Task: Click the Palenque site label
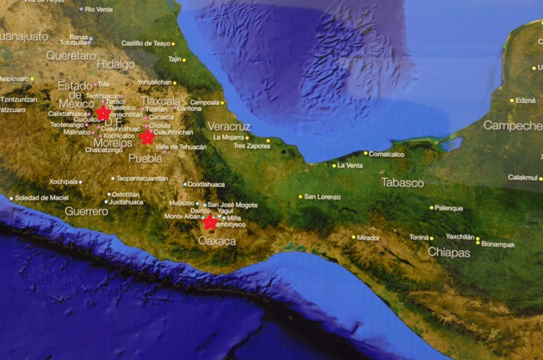click(x=449, y=208)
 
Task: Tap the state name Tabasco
click(x=402, y=182)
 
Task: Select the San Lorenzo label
click(x=322, y=196)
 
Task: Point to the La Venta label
click(x=350, y=165)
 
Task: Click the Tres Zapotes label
click(x=251, y=145)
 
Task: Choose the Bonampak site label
click(x=498, y=244)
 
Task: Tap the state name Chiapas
click(x=449, y=251)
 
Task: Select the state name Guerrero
click(x=87, y=211)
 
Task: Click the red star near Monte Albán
click(x=210, y=222)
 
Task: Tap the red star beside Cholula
click(x=148, y=136)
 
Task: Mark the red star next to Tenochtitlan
click(x=103, y=113)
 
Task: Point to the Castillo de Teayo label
click(x=147, y=43)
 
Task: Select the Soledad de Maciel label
click(x=42, y=197)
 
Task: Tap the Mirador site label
click(x=368, y=237)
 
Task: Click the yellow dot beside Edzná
click(x=511, y=100)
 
